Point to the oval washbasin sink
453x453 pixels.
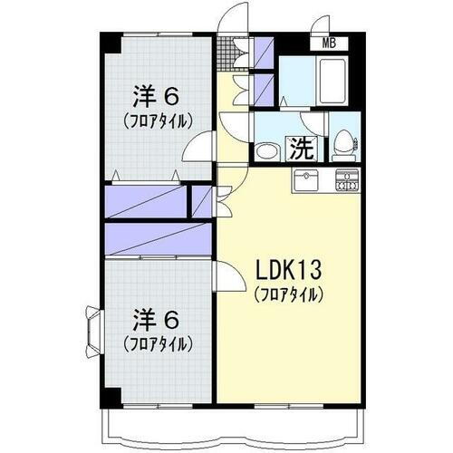(x=266, y=151)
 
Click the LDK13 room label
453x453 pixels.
(x=288, y=271)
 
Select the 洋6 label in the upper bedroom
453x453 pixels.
(x=156, y=95)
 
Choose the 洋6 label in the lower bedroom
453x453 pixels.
(x=156, y=320)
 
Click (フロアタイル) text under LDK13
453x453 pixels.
(x=288, y=294)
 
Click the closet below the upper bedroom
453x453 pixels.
(x=145, y=199)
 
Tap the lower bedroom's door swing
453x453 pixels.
(x=226, y=273)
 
